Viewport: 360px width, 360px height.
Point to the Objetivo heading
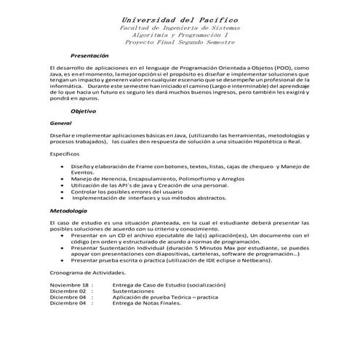[83, 111]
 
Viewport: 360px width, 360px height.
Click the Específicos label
[66, 154]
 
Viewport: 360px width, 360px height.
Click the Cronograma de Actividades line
[88, 271]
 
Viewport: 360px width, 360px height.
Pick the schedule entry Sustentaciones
[135, 291]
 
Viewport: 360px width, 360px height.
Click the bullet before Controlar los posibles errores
[62, 191]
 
